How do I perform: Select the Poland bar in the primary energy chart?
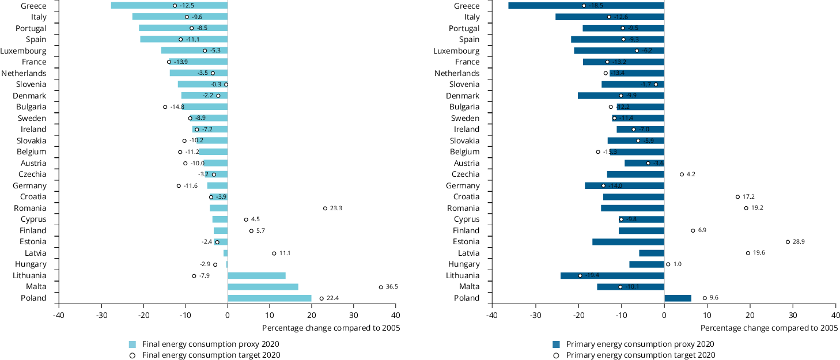tap(678, 298)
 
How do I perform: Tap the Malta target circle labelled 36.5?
tap(381, 287)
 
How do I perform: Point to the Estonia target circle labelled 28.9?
tap(788, 242)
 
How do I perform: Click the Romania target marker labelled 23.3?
tap(325, 208)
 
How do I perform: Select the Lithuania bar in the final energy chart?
tap(256, 276)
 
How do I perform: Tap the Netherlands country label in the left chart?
tap(24, 73)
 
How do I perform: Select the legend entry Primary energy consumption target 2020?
tap(640, 355)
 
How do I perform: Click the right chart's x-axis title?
tap(769, 328)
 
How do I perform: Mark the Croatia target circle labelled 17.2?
tap(737, 196)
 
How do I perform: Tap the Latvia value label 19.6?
tap(759, 253)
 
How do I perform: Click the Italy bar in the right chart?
tap(610, 17)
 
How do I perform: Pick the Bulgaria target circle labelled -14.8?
tap(165, 107)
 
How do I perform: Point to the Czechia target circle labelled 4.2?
tap(682, 174)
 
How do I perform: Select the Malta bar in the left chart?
tap(263, 287)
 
